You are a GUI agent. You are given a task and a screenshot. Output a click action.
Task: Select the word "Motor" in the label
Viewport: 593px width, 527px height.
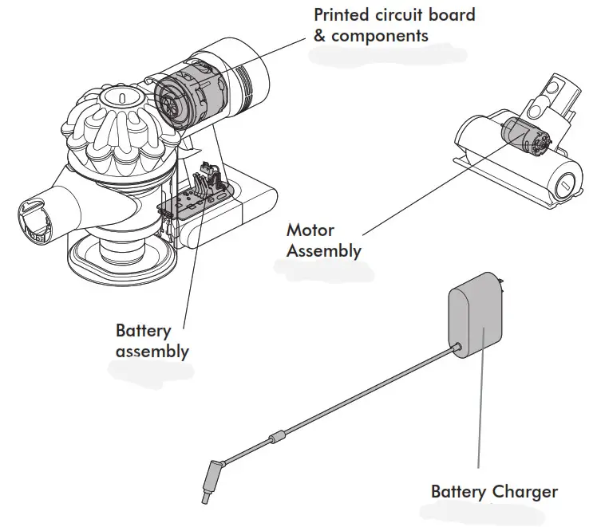pyautogui.click(x=309, y=230)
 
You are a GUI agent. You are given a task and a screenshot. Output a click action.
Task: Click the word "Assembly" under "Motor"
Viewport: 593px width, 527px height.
pyautogui.click(x=324, y=250)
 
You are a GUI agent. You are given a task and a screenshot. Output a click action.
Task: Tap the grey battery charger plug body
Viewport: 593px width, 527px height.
pyautogui.click(x=476, y=319)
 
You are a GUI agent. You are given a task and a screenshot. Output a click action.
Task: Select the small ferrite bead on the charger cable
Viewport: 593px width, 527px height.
pyautogui.click(x=278, y=438)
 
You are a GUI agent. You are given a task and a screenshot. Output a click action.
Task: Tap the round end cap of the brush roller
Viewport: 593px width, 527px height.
pyautogui.click(x=564, y=186)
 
